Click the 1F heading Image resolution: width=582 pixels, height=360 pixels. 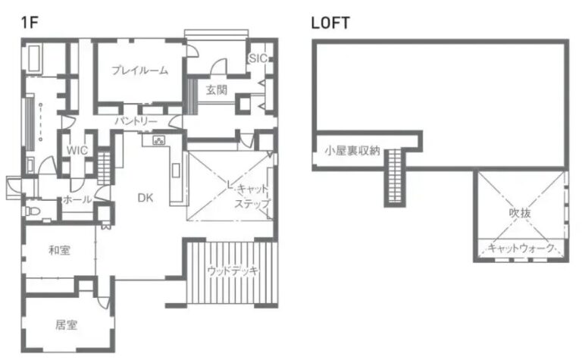click(30, 23)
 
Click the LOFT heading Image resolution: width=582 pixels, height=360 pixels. click(330, 23)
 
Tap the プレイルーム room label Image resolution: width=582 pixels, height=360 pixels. click(140, 70)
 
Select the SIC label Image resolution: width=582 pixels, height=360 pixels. click(258, 58)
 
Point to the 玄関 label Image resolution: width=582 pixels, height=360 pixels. click(217, 90)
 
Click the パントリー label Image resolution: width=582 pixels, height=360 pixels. click(136, 121)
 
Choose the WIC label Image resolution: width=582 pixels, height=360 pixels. click(77, 150)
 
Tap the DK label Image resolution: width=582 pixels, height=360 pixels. click(145, 198)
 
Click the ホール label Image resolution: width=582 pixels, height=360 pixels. click(77, 199)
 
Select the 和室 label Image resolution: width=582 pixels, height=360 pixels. click(60, 251)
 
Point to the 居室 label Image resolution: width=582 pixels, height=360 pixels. click(67, 325)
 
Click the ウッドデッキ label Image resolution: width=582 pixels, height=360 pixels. click(233, 271)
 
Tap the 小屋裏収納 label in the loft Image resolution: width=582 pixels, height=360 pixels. click(352, 150)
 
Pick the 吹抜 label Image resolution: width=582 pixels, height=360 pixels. click(520, 213)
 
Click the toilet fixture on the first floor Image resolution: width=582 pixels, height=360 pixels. click(32, 211)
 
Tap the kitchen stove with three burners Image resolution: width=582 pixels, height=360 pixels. click(159, 140)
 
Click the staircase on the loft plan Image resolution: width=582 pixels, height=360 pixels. click(395, 177)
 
